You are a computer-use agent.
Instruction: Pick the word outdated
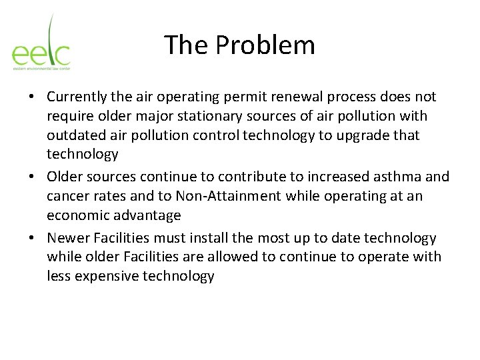[74, 135]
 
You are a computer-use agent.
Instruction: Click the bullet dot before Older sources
[32, 177]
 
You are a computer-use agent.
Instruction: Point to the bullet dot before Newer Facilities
[32, 239]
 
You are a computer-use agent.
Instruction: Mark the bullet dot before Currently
[32, 97]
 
